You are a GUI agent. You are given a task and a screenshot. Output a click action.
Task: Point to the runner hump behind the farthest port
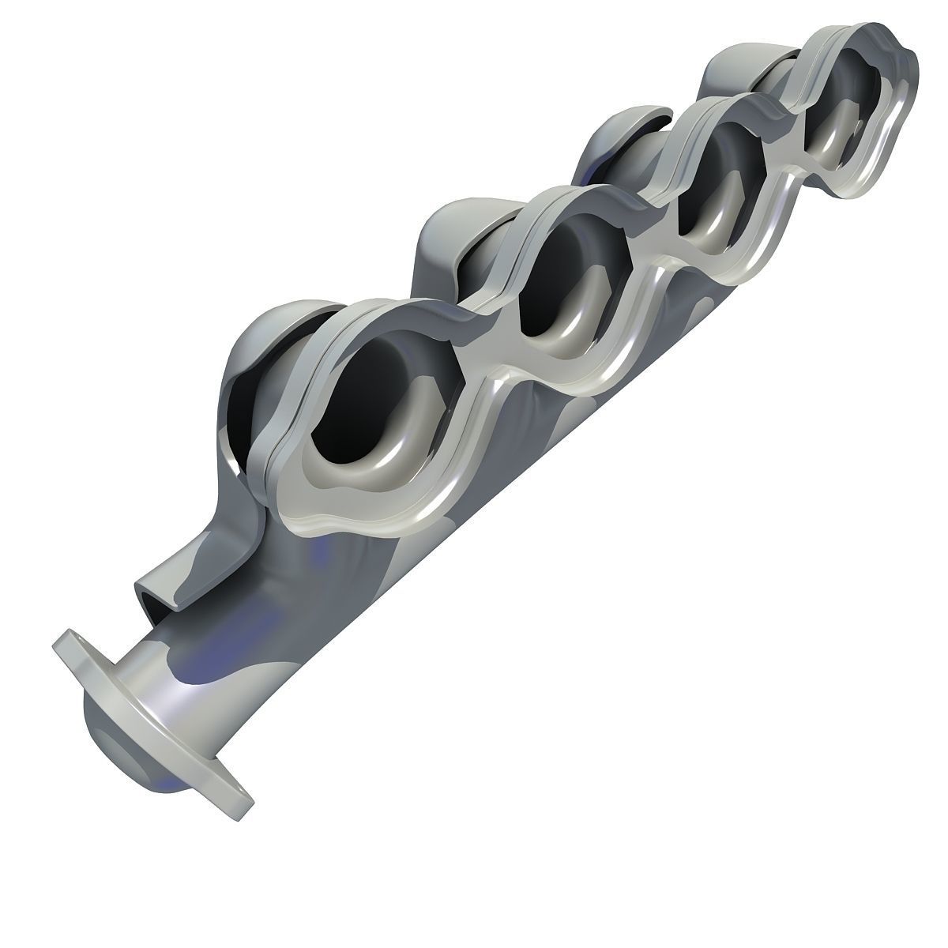(x=735, y=71)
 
